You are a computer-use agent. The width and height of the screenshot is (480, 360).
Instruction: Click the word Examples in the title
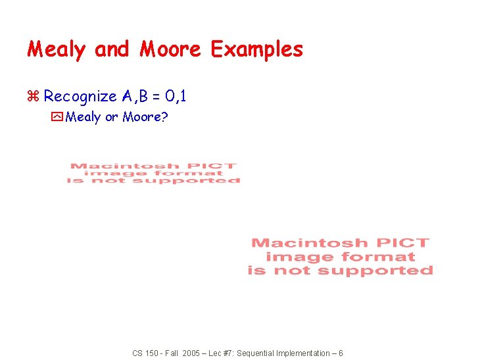click(256, 49)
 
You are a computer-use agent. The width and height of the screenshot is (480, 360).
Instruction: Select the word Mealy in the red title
click(56, 49)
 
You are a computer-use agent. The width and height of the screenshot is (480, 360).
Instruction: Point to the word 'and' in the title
click(112, 49)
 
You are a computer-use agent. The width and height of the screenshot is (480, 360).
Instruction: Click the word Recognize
click(80, 97)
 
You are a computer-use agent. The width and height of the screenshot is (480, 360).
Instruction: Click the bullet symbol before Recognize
click(34, 97)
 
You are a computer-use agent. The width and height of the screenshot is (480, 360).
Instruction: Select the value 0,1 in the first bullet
click(176, 97)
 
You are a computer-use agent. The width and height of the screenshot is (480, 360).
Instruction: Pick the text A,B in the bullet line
click(135, 97)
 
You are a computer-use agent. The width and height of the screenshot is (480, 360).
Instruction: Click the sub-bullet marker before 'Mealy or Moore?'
click(57, 118)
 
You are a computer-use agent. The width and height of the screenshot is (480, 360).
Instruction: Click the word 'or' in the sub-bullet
click(112, 118)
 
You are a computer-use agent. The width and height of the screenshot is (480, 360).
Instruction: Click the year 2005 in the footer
click(190, 353)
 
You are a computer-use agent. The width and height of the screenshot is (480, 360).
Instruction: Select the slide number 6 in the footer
click(340, 353)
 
